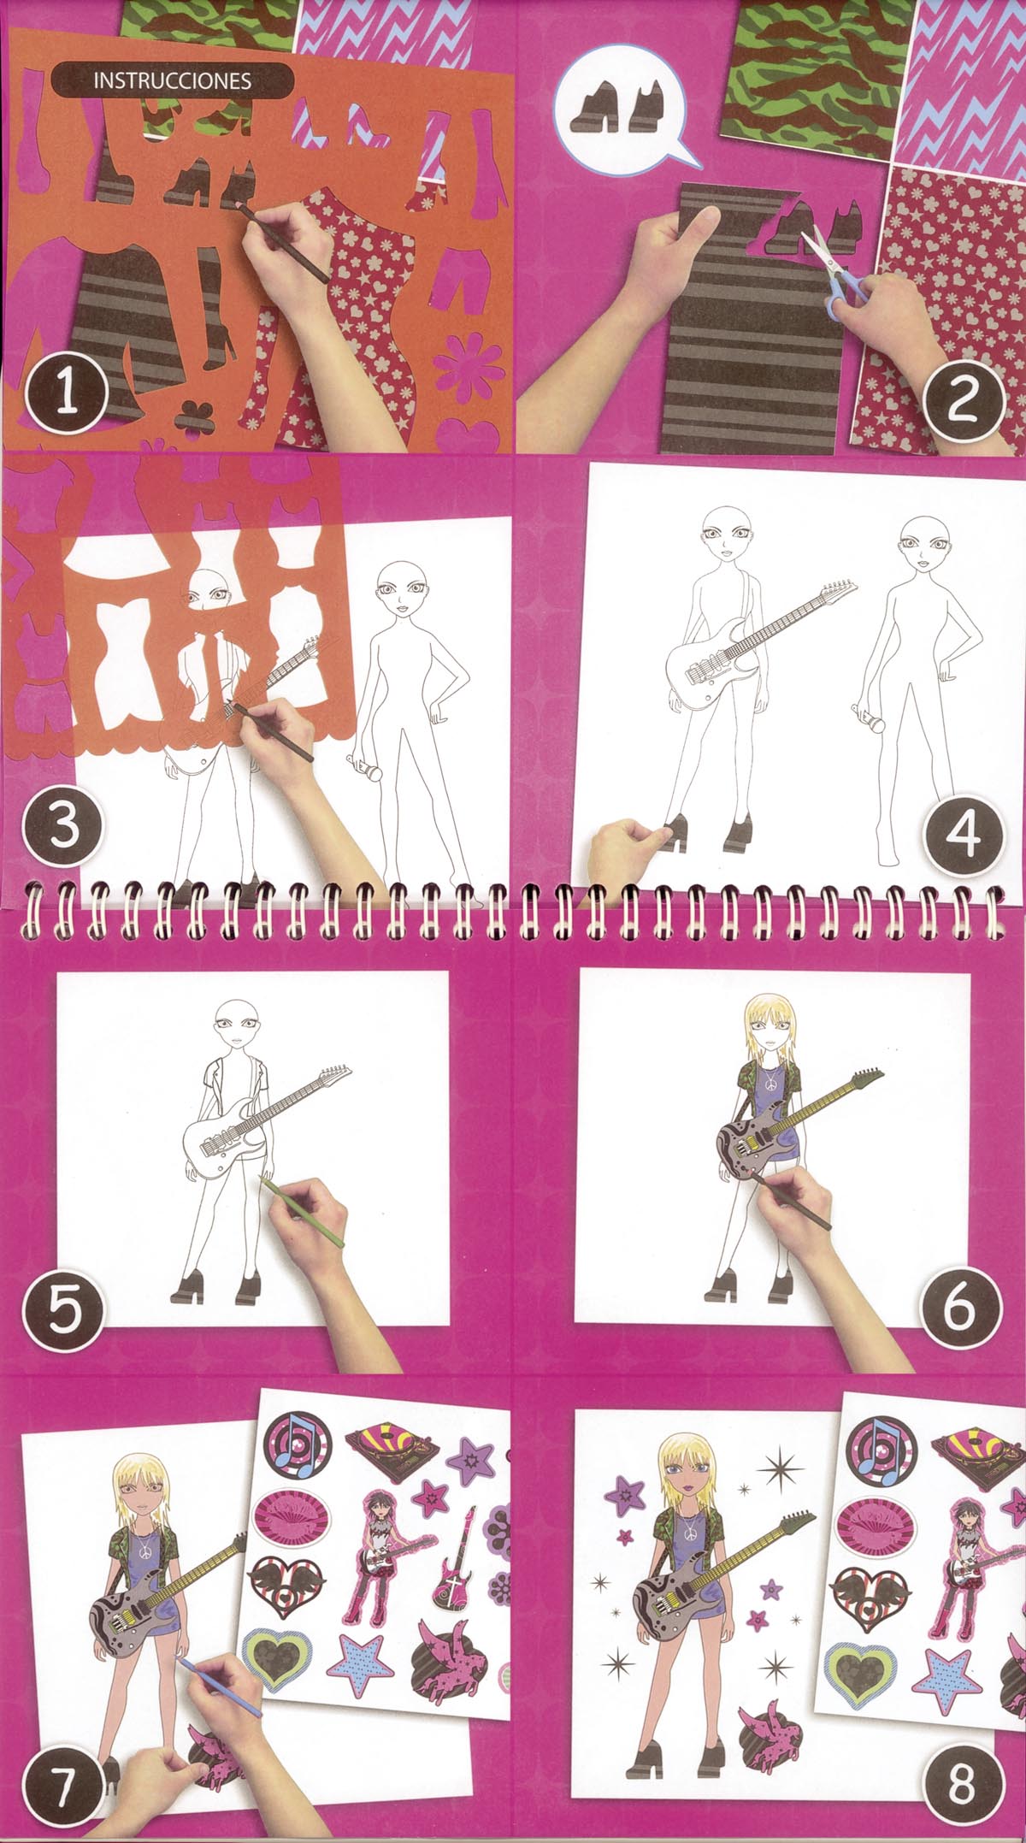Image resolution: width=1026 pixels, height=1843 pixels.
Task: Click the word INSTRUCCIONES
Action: (172, 80)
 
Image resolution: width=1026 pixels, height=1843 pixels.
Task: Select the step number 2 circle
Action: (962, 398)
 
